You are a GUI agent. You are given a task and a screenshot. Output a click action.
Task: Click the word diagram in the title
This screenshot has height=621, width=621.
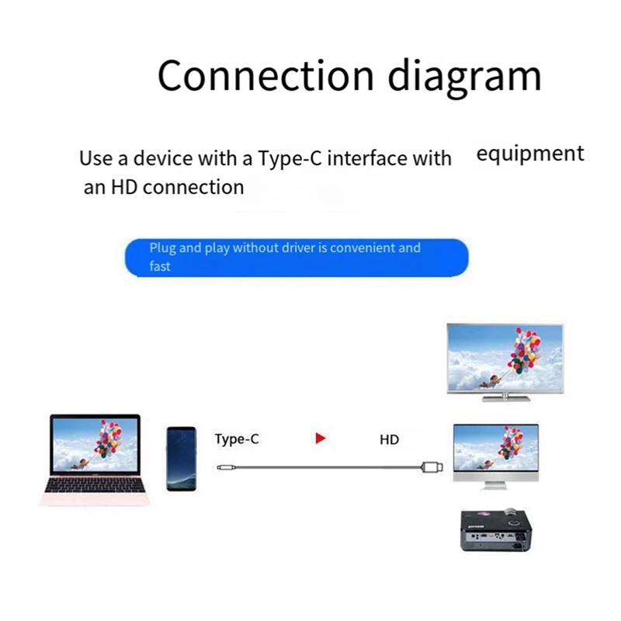pos(464,75)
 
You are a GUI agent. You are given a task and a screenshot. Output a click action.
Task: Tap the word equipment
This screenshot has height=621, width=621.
pos(529,154)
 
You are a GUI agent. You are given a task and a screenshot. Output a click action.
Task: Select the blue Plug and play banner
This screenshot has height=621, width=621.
pos(297,258)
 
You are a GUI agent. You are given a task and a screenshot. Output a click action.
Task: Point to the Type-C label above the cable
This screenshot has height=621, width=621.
pos(237,439)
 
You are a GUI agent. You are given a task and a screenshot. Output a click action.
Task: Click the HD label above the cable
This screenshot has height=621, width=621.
pos(389,440)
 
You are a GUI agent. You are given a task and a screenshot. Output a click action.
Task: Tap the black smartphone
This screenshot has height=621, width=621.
pos(182,457)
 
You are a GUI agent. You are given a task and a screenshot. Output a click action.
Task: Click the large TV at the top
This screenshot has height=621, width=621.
pos(505,357)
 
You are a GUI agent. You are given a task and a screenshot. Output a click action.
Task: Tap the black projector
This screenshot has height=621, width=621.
pos(494,530)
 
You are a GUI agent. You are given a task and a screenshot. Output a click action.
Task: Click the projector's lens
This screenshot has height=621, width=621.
pos(513,514)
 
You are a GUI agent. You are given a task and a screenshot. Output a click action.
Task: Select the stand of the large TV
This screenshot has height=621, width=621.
pos(505,396)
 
